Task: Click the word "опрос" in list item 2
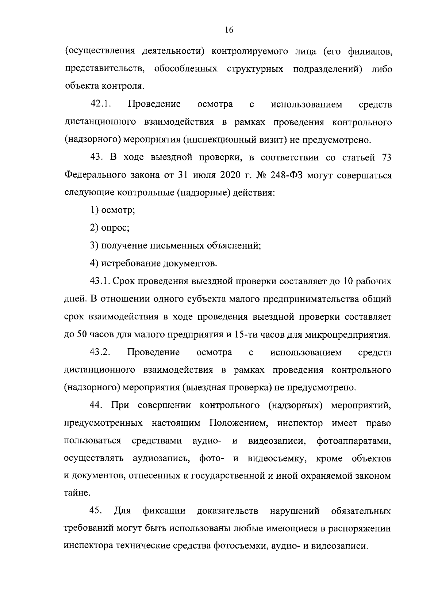(114, 228)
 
